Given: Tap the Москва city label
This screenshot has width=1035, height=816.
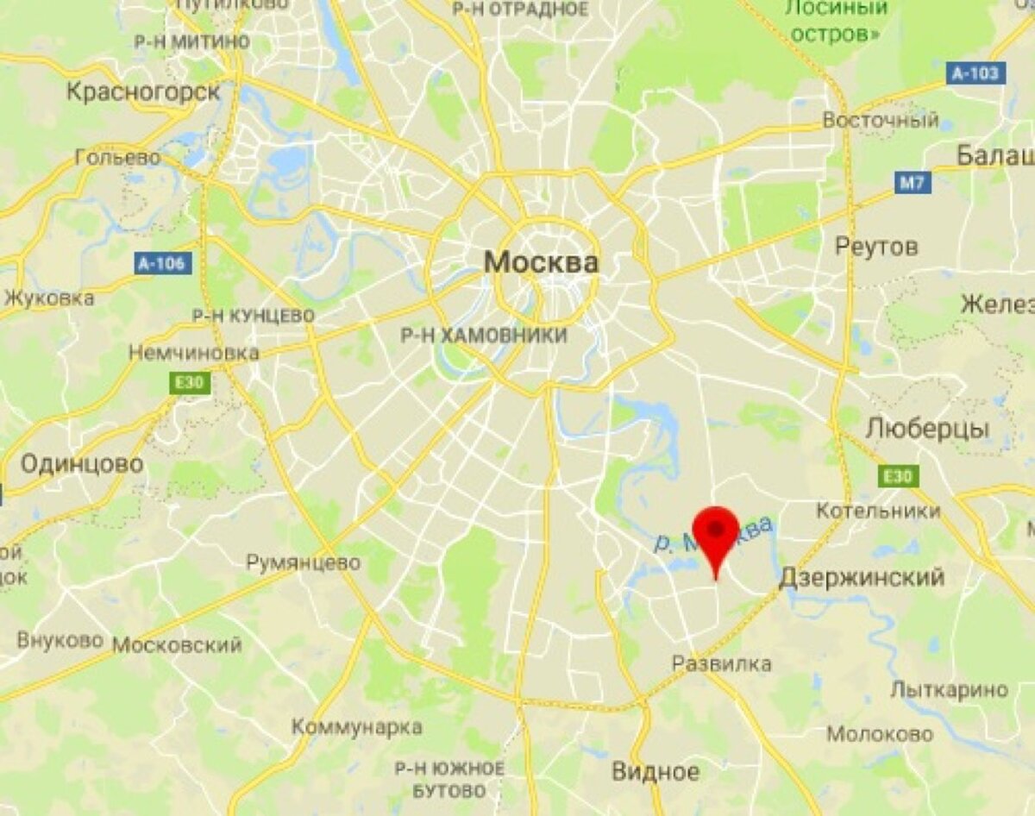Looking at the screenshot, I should [541, 262].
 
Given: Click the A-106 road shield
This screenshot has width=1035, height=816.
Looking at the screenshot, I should [163, 263].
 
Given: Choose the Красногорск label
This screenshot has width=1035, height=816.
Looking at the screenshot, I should [143, 91].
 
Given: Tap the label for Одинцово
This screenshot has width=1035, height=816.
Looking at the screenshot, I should [82, 464].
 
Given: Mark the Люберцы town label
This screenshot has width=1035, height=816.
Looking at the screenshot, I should [927, 429].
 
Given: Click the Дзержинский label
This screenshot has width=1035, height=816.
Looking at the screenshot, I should [862, 577].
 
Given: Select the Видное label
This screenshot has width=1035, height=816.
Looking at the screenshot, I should [655, 771].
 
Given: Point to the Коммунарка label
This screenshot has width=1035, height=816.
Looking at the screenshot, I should [357, 726].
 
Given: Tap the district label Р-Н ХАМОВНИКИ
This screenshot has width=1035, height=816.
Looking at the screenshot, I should [484, 336].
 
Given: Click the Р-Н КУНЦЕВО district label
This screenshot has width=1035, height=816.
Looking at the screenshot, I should [253, 317].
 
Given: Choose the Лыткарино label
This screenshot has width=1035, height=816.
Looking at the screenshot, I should [949, 690].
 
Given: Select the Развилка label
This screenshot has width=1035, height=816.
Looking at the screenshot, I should [722, 663].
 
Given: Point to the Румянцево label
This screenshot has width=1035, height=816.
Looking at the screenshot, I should [304, 563].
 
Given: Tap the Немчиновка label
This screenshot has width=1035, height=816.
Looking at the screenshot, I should [194, 353].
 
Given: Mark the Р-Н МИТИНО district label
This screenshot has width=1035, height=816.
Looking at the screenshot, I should [192, 41].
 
